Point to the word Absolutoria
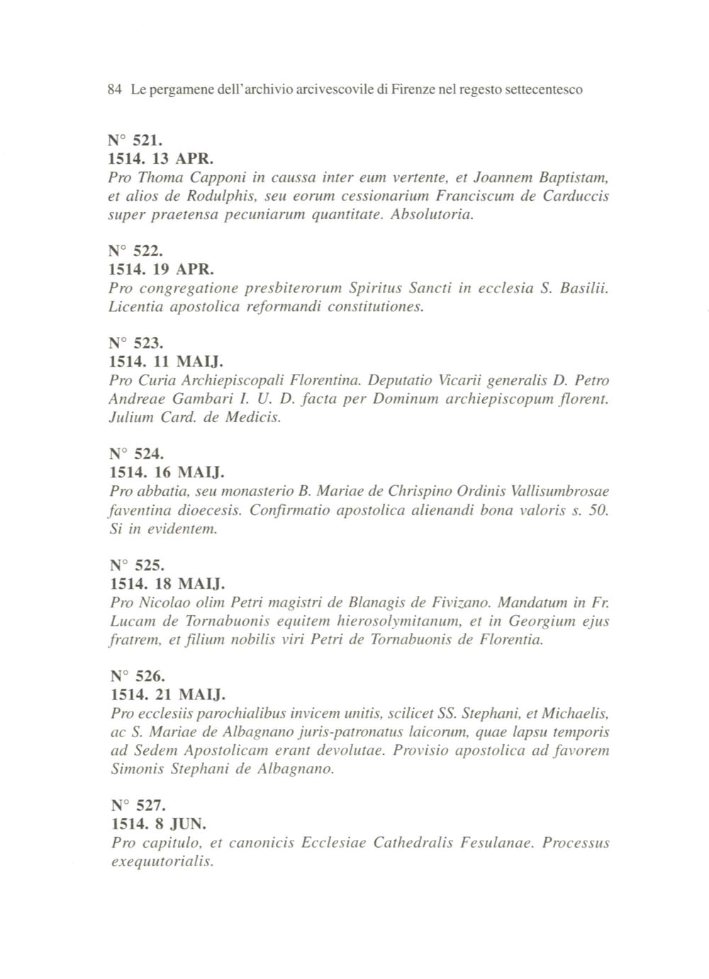(432, 214)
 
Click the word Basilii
(584, 288)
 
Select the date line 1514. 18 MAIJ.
(167, 585)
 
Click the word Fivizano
(460, 603)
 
